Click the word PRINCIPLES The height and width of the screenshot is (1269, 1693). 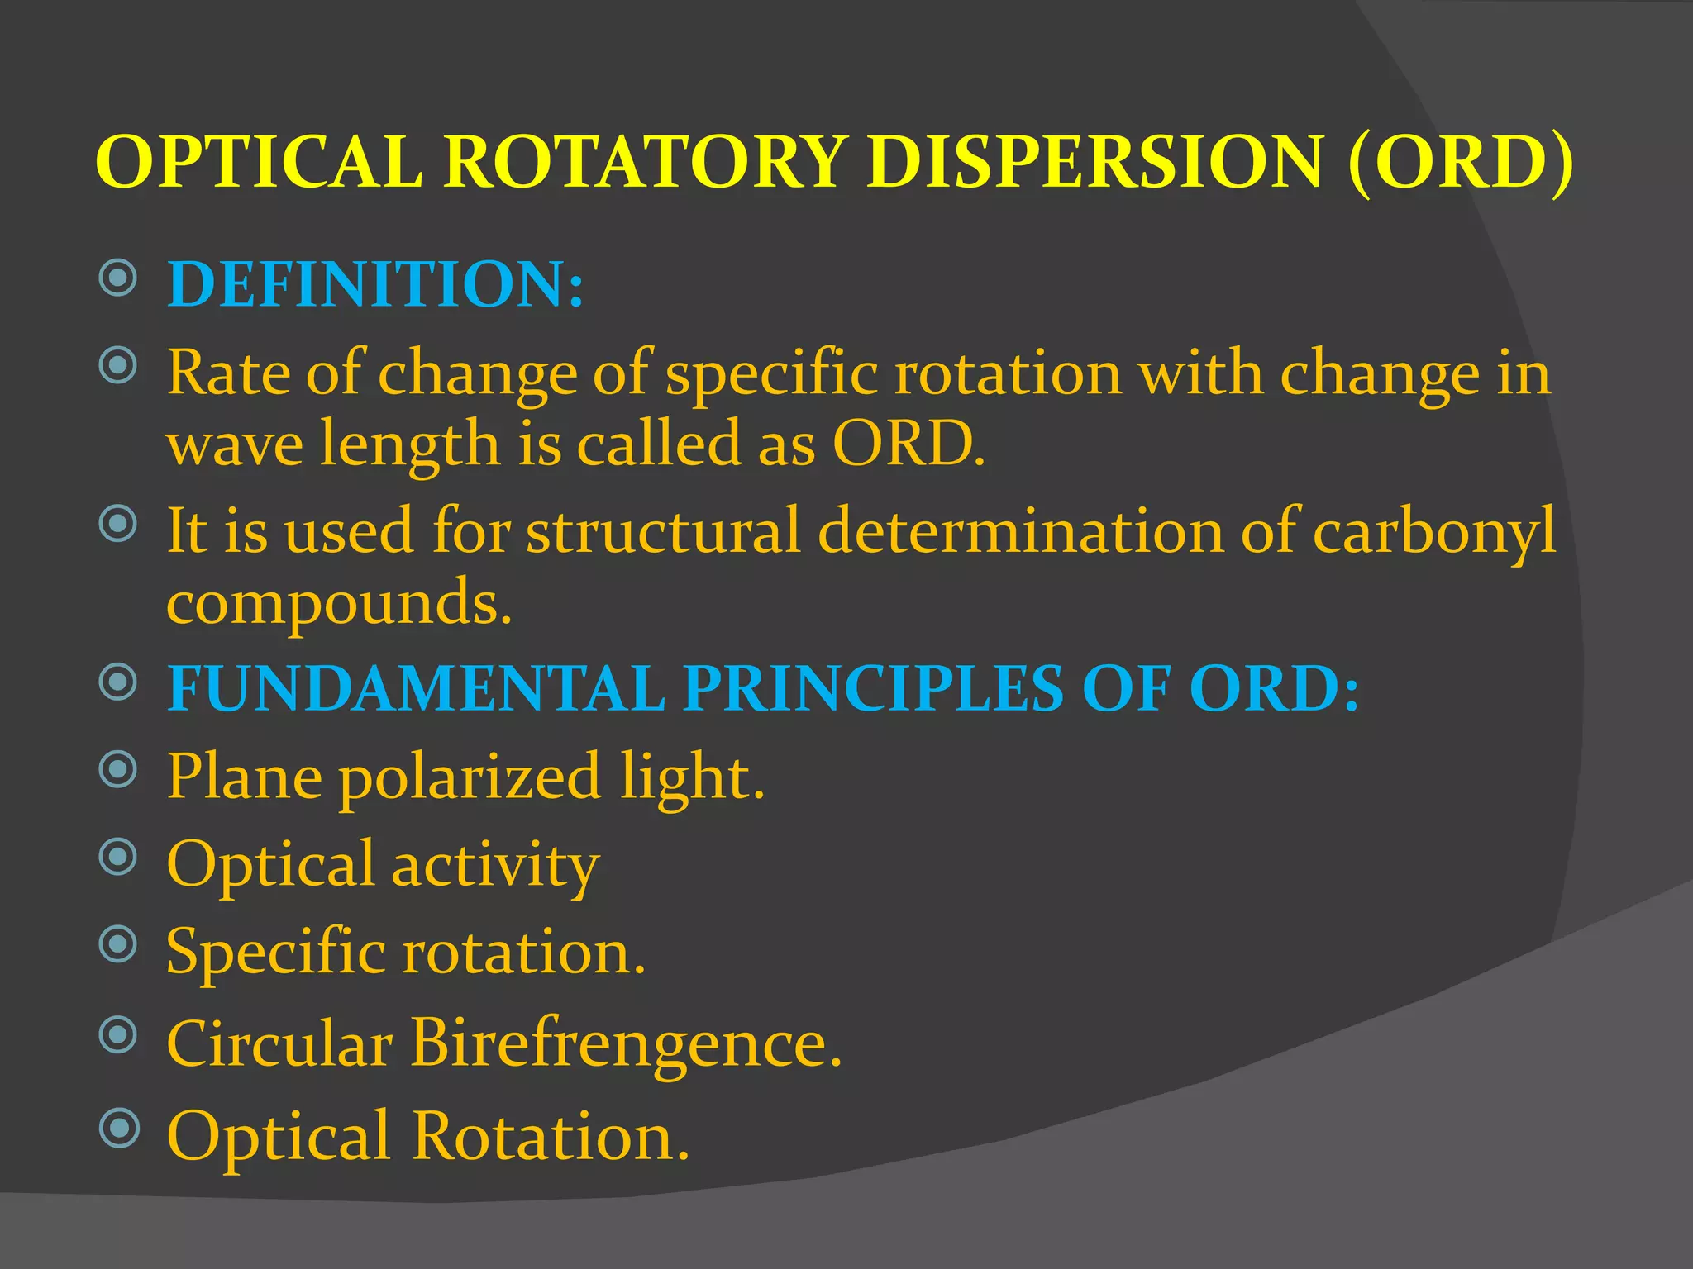click(873, 689)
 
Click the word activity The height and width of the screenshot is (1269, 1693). click(495, 866)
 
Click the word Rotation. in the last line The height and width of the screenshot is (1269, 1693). click(551, 1137)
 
